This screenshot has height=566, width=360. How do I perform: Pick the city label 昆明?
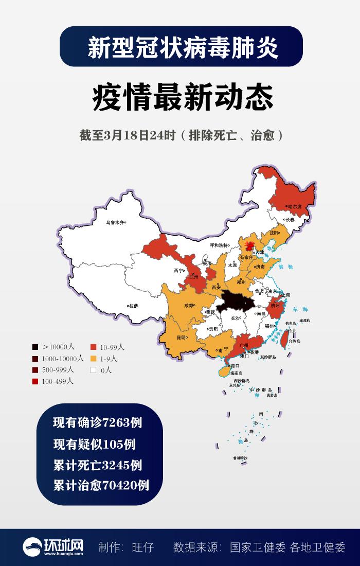click(x=182, y=338)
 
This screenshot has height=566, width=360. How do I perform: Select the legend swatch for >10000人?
click(x=35, y=347)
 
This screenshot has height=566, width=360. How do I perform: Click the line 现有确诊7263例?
click(x=98, y=423)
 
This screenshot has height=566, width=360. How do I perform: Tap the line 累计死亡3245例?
click(x=98, y=465)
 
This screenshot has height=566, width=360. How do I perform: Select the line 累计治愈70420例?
click(x=101, y=485)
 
